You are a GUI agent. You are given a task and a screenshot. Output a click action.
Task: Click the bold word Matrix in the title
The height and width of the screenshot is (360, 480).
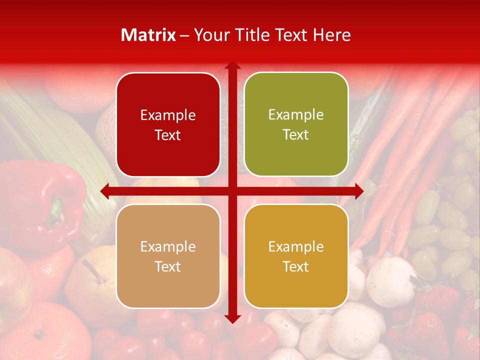tap(148, 35)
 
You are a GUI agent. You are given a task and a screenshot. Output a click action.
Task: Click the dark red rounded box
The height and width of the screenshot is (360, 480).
tap(168, 124)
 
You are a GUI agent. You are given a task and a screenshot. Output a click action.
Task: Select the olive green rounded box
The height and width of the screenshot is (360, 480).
tap(296, 124)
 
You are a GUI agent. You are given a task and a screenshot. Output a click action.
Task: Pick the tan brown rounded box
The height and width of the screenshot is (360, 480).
tap(168, 256)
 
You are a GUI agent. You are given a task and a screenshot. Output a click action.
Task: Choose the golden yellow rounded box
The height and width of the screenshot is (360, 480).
tap(296, 256)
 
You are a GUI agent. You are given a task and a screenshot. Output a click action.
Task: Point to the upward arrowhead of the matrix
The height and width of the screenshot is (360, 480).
tap(232, 65)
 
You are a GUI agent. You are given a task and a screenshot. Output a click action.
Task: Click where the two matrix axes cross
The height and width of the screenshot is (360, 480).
tap(232, 191)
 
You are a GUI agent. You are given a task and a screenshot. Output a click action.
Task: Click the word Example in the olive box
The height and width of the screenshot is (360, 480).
tap(296, 114)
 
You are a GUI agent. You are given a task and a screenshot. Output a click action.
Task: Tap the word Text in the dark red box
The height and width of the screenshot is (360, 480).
tap(168, 135)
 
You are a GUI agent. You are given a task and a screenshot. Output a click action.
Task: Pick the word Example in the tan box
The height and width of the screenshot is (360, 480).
tap(168, 246)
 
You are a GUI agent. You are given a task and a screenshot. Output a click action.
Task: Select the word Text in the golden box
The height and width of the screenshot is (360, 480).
tap(296, 266)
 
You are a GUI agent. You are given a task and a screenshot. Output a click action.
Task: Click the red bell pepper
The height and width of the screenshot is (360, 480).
tap(40, 200)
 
